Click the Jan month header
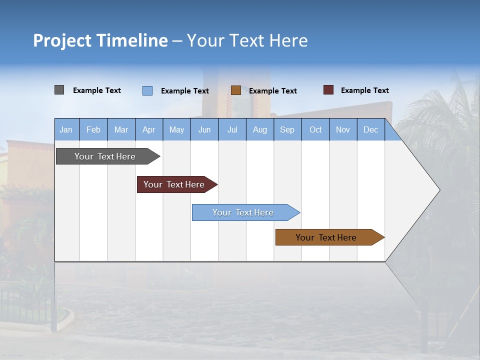pyautogui.click(x=66, y=130)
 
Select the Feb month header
pyautogui.click(x=93, y=130)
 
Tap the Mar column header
pyautogui.click(x=121, y=130)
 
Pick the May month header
pyautogui.click(x=176, y=130)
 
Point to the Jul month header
pyautogui.click(x=232, y=130)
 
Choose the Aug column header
pyautogui.click(x=260, y=130)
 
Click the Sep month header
pyautogui.click(x=287, y=130)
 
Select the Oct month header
pyautogui.click(x=315, y=130)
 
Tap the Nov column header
pyautogui.click(x=343, y=130)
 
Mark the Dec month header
pyautogui.click(x=371, y=130)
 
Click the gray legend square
pyautogui.click(x=59, y=90)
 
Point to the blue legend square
pyautogui.click(x=147, y=90)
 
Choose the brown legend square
pyautogui.click(x=236, y=90)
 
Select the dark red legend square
pyautogui.click(x=328, y=90)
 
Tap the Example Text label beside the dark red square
pyautogui.click(x=365, y=90)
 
